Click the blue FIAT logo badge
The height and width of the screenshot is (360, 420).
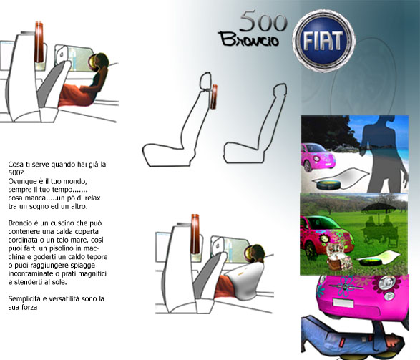click(x=323, y=41)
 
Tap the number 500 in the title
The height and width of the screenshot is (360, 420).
click(x=263, y=21)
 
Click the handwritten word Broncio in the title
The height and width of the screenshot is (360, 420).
click(x=249, y=39)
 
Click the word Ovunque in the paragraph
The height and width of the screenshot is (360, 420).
click(x=21, y=181)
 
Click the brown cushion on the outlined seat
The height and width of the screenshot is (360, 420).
click(x=213, y=97)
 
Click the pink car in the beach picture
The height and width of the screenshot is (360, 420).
click(x=318, y=157)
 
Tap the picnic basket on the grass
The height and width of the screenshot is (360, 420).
click(x=336, y=257)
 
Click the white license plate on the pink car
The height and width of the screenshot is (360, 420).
click(x=343, y=303)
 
